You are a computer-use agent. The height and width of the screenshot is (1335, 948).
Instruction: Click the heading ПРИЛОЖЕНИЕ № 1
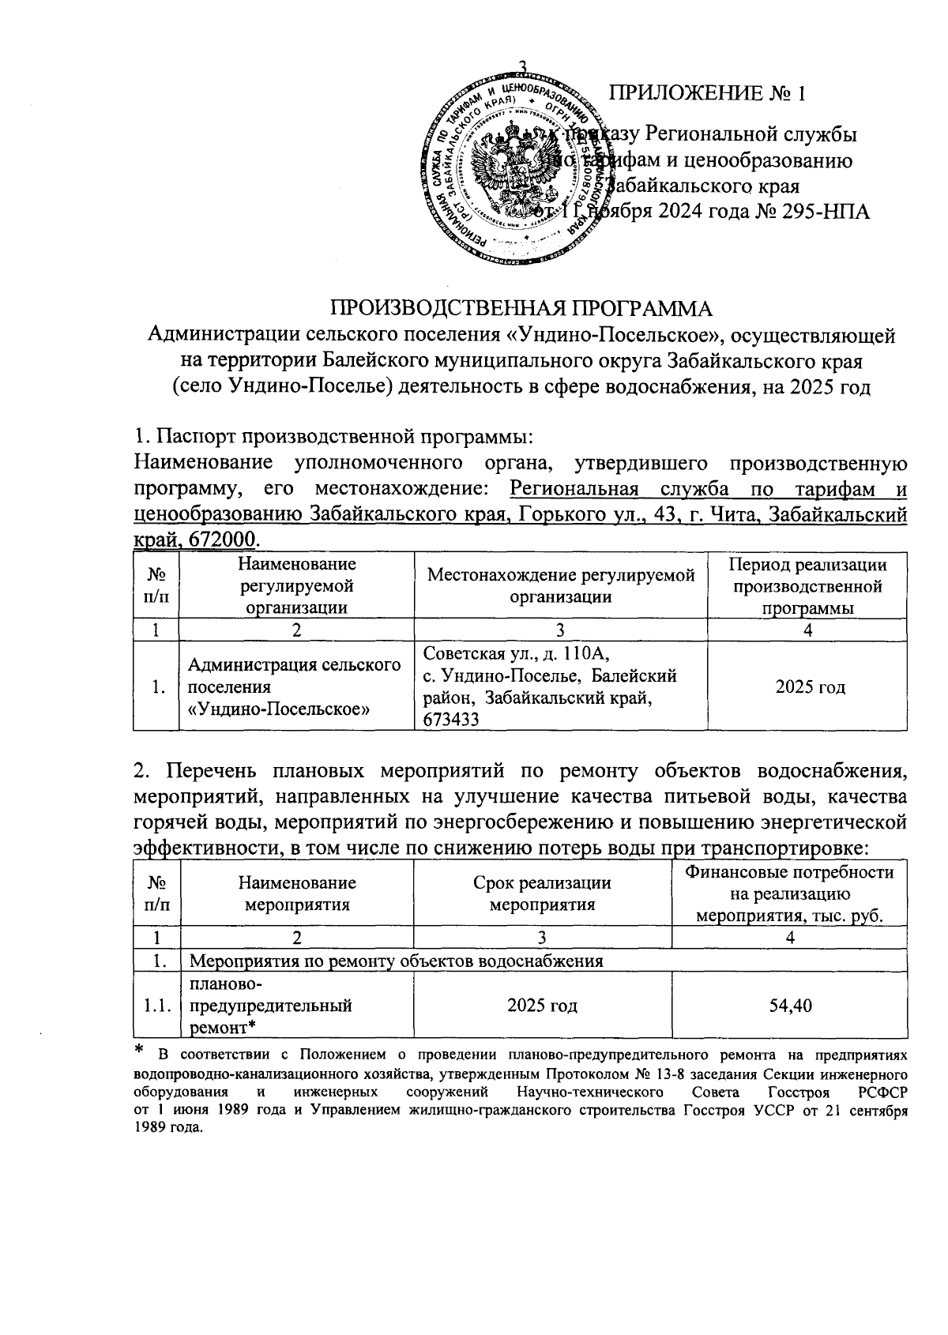point(706,93)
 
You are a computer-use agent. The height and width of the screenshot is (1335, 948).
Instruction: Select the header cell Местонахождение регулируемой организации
point(560,585)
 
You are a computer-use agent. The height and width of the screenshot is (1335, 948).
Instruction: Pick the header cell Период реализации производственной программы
point(807,585)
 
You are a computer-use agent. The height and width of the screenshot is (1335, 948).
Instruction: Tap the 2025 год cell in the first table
point(810,686)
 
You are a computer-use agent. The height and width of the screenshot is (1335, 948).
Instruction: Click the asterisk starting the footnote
point(140,1051)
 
